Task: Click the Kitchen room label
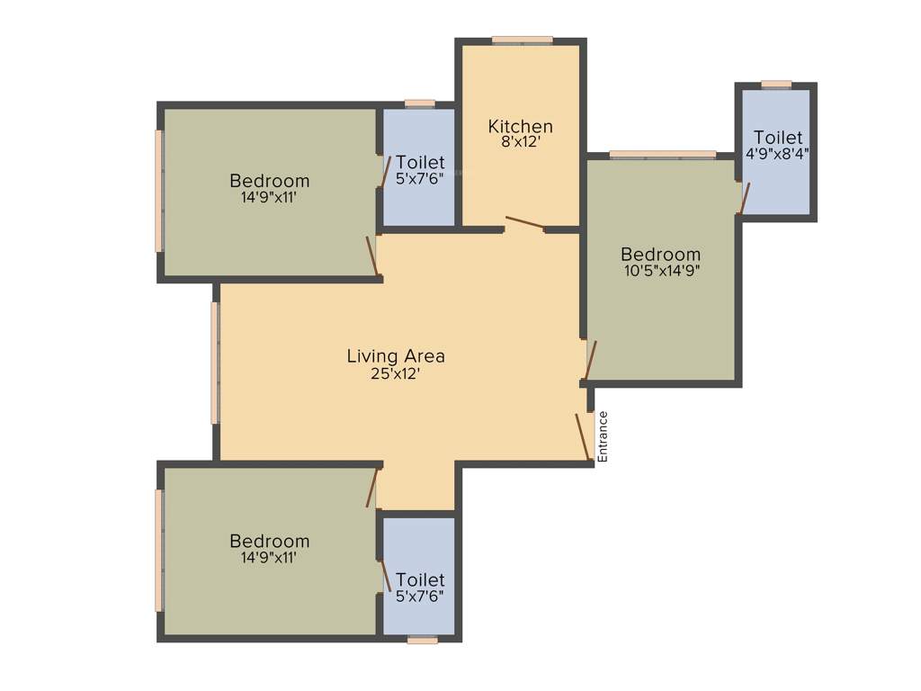(520, 126)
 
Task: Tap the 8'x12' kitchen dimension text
(520, 141)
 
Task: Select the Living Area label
(396, 356)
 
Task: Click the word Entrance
(604, 436)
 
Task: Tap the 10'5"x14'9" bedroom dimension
(660, 269)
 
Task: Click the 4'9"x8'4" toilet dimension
(778, 153)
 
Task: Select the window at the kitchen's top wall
(522, 40)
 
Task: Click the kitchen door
(524, 224)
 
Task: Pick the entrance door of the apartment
(583, 437)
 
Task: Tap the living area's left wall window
(215, 362)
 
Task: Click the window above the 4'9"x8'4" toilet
(776, 85)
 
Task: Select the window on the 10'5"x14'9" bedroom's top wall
(662, 155)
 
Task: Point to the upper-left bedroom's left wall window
(159, 191)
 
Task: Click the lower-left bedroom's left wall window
(159, 550)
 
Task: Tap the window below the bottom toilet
(422, 640)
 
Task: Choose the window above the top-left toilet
(419, 103)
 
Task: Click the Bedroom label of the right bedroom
(660, 255)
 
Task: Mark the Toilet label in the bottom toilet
(420, 580)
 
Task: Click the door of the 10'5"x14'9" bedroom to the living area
(590, 361)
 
